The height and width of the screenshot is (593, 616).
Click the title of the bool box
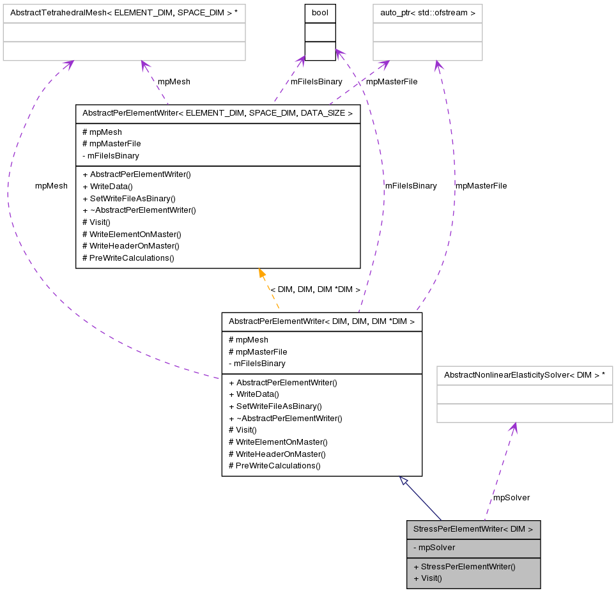point(320,13)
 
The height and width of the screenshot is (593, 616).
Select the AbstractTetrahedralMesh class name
point(124,13)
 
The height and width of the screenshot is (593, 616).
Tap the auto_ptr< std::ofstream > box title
point(427,13)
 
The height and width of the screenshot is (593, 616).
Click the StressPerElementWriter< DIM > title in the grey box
point(473,530)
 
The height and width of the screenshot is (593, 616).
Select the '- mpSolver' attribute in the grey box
point(434,548)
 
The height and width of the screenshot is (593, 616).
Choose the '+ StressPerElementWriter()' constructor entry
point(465,566)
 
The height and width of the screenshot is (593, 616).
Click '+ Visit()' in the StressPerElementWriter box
point(427,578)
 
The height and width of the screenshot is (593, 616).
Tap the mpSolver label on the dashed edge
point(511,497)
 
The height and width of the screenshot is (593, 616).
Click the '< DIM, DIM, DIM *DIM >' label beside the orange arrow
point(315,289)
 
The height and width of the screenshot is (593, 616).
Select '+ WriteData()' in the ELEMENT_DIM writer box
point(107,186)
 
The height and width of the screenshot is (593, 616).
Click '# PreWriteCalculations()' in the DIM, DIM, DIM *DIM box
point(274,465)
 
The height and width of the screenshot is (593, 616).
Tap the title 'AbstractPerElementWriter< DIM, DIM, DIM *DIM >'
point(321,321)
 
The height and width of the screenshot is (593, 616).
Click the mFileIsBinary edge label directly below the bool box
point(316,82)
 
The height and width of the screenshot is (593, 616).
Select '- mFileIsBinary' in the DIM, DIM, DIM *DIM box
point(257,363)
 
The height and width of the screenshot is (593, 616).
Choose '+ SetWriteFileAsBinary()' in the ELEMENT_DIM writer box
point(128,198)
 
